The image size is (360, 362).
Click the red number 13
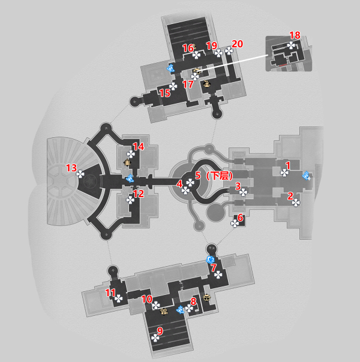pos(71,168)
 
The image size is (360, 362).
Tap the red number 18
pos(295,35)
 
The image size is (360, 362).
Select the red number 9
pos(160,331)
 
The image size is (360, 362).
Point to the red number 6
pos(241,218)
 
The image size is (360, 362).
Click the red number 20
pos(238,44)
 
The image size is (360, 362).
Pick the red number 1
pos(288,165)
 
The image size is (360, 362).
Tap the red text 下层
pos(219,176)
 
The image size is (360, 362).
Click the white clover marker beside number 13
pos(80,174)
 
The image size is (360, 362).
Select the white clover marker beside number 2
pos(296,203)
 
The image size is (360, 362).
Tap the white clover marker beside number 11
pos(119,298)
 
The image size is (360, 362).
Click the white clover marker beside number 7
pos(218,275)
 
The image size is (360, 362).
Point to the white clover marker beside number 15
pos(173,86)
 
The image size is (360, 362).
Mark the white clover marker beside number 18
pos(291,46)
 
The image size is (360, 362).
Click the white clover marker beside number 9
pos(155,338)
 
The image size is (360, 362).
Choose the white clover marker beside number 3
pos(244,192)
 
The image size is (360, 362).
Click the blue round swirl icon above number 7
pos(210,260)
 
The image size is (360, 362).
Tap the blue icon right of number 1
pos(307,176)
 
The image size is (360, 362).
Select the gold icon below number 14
pos(127,162)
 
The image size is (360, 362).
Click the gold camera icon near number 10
pos(164,312)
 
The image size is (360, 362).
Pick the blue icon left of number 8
pos(180,310)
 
